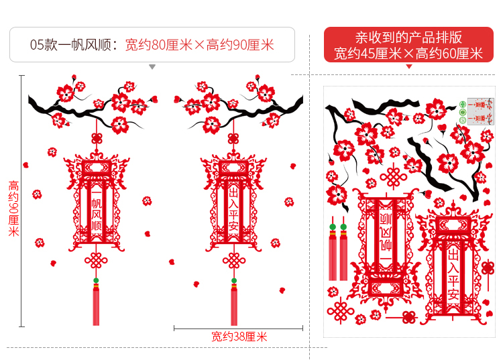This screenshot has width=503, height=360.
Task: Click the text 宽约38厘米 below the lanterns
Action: coord(239,337)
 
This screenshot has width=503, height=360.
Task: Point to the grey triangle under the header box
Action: coord(152,67)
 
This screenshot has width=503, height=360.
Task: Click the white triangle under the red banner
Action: coord(408,66)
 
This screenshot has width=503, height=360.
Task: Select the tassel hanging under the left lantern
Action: coord(95,304)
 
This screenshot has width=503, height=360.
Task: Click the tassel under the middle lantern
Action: coord(234,305)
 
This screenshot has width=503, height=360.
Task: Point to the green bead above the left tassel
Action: coord(95,281)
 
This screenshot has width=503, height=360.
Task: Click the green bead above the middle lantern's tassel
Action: coord(234,281)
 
